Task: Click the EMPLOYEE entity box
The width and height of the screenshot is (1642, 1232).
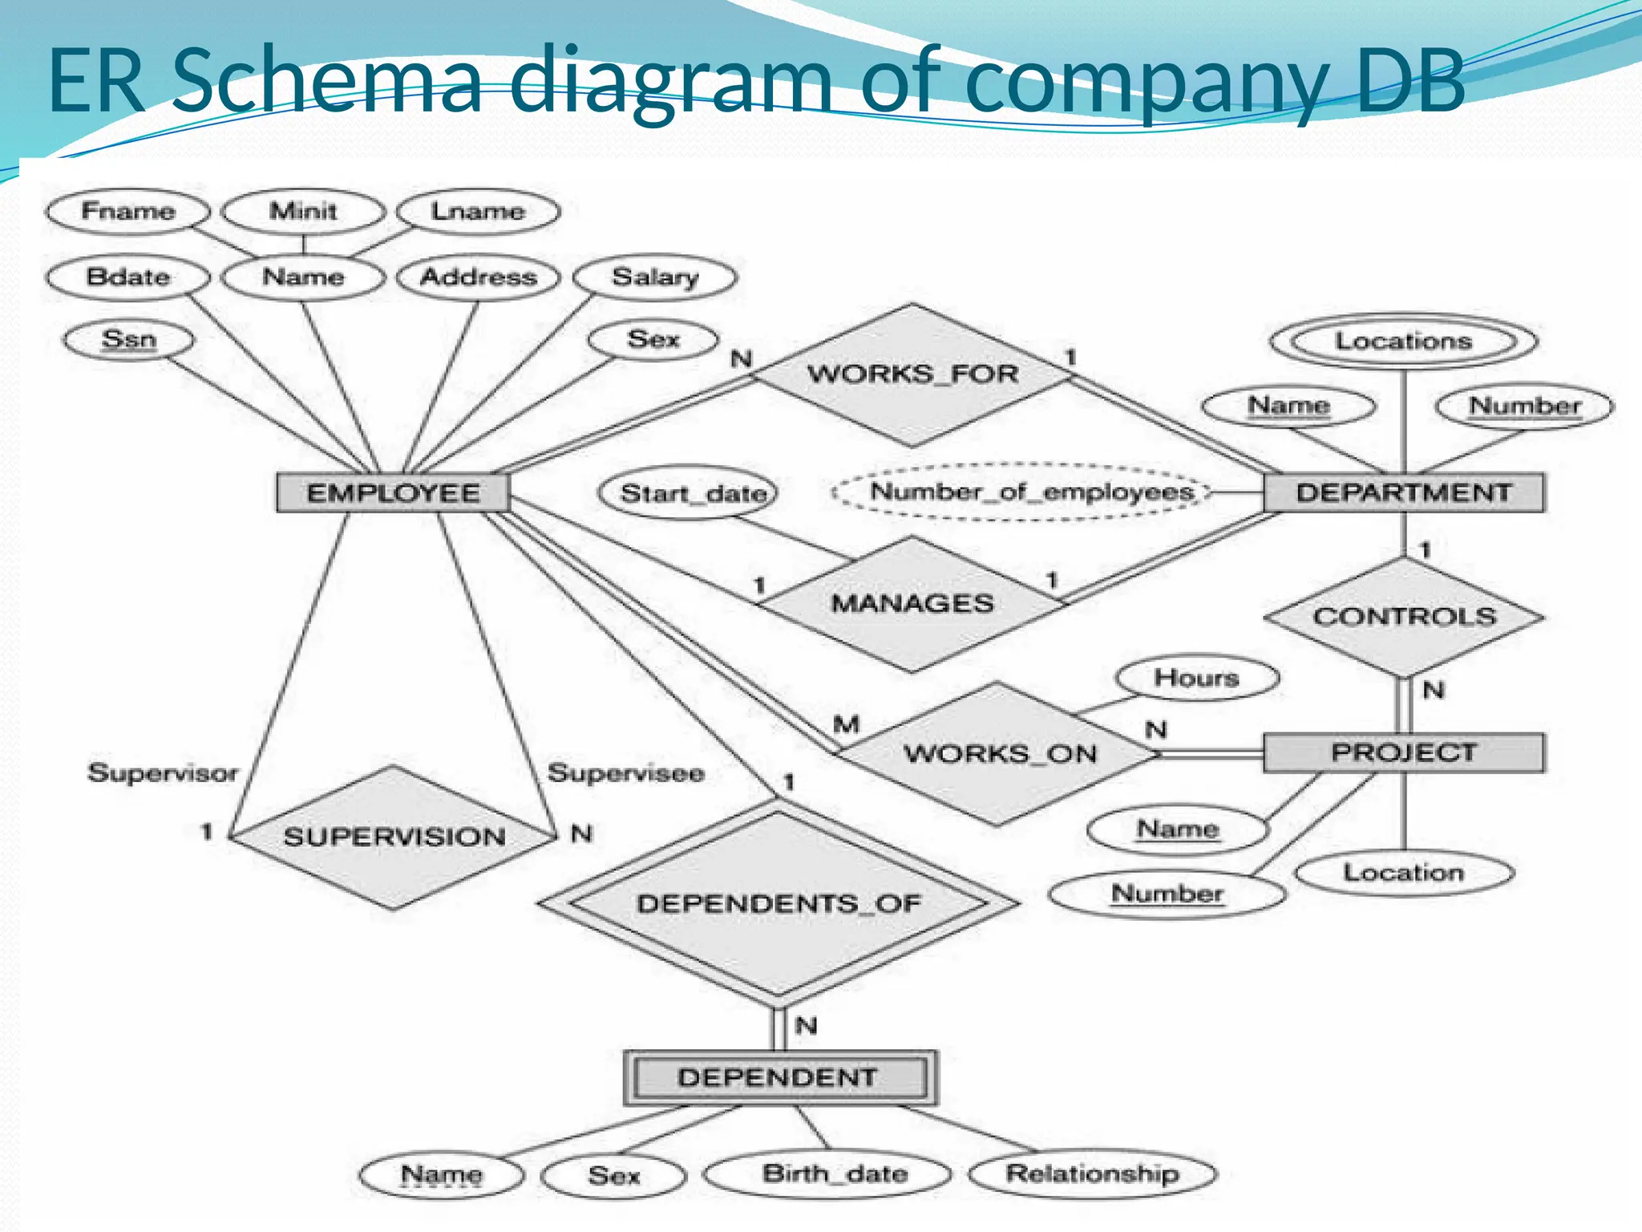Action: click(393, 492)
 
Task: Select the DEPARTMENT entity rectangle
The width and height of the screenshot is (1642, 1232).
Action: click(1403, 492)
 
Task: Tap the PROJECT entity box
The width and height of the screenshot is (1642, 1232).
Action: click(1403, 752)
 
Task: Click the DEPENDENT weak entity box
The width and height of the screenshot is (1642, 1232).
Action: click(779, 1077)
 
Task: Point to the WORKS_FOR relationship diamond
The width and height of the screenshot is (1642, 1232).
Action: click(912, 374)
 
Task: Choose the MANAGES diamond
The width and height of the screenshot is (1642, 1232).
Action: click(912, 603)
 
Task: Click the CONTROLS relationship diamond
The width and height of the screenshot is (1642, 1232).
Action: click(1404, 617)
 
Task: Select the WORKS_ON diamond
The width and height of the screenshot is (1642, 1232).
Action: click(999, 753)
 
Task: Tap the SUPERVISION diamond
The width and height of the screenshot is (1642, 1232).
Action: click(393, 837)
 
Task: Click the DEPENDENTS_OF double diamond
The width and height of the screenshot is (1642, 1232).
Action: click(779, 903)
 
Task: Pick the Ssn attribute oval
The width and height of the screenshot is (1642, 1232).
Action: click(128, 339)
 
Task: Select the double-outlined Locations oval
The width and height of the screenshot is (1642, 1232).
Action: click(1403, 341)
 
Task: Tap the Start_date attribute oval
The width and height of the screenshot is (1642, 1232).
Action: click(690, 492)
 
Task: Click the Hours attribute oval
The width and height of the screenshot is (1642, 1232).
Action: click(1196, 678)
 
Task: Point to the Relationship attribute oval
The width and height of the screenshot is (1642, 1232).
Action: click(1093, 1174)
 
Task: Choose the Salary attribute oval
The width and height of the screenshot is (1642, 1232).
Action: click(655, 278)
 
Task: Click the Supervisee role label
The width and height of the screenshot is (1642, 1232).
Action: click(625, 773)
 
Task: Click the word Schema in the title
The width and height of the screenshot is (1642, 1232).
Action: click(327, 80)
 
